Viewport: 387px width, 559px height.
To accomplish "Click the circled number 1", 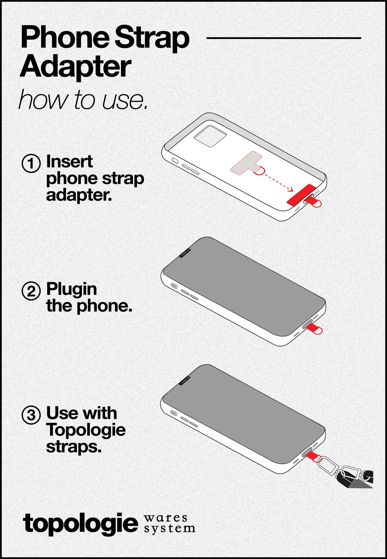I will [x=31, y=163].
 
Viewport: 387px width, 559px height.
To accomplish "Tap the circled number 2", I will [x=31, y=291].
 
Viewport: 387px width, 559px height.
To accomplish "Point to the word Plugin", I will [x=71, y=289].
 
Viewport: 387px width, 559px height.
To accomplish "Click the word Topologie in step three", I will [x=86, y=430].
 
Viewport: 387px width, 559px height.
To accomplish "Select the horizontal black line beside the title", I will [x=284, y=38].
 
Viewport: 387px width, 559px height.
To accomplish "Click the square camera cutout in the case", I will [x=210, y=136].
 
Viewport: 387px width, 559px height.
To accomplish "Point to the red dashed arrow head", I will [x=291, y=190].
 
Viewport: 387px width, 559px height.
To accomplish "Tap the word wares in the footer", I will [x=166, y=517].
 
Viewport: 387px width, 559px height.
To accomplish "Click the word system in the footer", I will [x=169, y=529].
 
